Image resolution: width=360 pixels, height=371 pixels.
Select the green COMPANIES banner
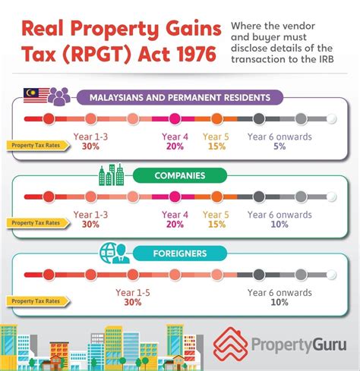click(179, 175)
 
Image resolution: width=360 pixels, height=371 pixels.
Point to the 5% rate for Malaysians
click(279, 146)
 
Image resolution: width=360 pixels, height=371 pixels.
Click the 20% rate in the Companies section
click(173, 225)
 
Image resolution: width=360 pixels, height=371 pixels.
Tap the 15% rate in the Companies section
click(216, 225)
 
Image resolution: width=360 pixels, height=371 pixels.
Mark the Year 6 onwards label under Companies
click(279, 214)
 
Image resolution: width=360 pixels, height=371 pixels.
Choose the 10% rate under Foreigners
click(279, 301)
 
